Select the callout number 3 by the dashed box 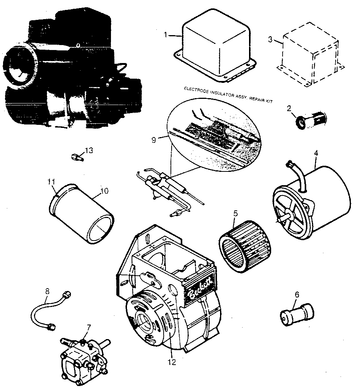click(x=270, y=40)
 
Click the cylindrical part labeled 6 click(x=297, y=314)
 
